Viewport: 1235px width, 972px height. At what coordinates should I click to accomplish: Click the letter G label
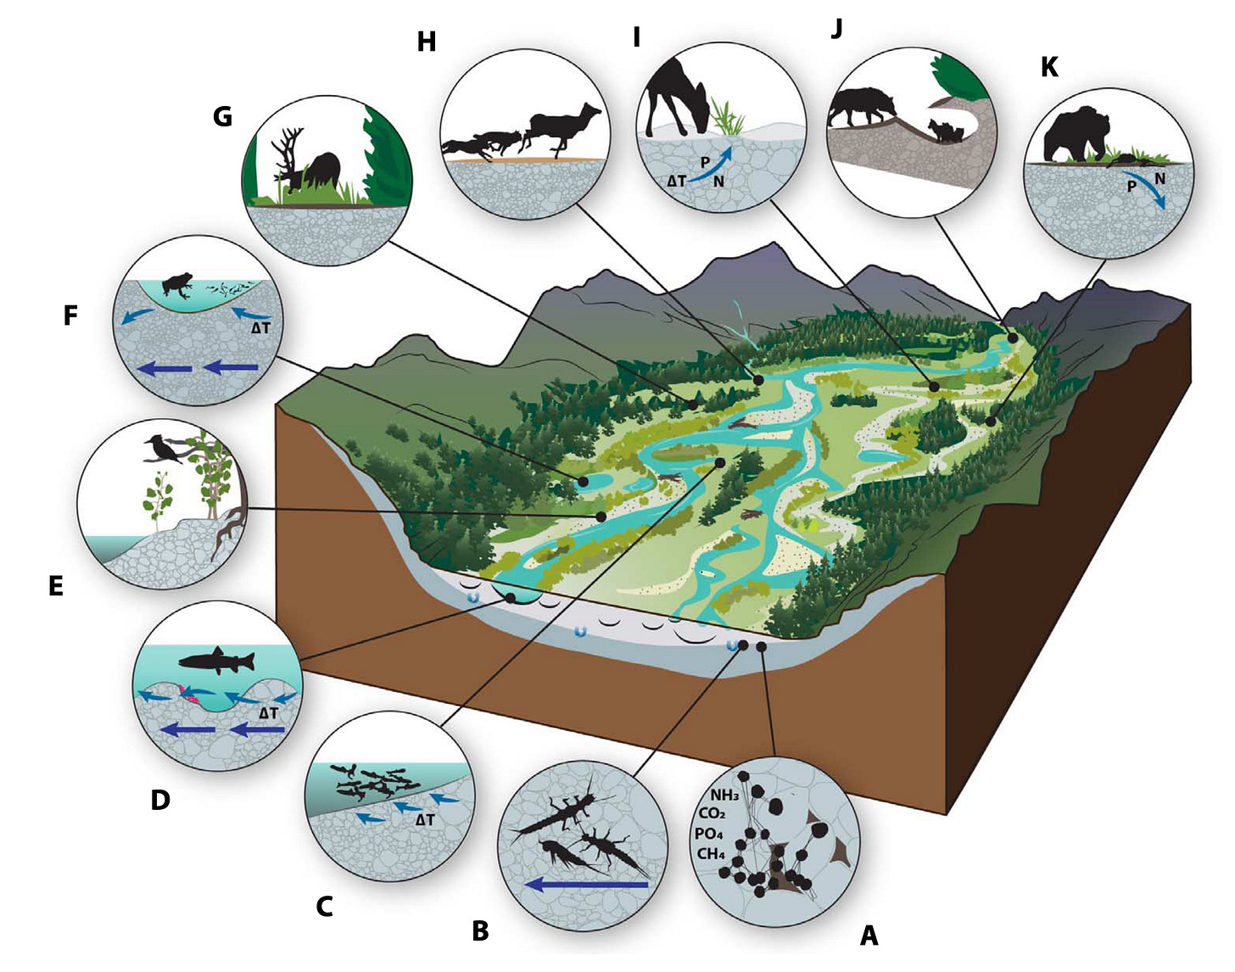tap(222, 116)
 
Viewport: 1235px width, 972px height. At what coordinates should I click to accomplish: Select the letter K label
tap(1049, 68)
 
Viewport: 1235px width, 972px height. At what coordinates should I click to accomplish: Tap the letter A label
tap(869, 935)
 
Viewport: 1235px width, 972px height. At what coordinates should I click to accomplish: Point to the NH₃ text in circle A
tap(724, 795)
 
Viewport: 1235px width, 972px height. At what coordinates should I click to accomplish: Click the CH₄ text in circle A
tap(711, 853)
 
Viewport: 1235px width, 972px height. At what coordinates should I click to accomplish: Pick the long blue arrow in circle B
tap(585, 885)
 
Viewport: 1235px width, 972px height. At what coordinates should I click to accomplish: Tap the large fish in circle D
tap(216, 662)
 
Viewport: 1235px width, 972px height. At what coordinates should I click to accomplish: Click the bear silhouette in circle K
tap(1076, 134)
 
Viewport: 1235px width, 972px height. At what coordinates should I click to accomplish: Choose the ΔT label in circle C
tap(425, 820)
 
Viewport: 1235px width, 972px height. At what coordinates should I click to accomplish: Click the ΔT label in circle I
tap(676, 181)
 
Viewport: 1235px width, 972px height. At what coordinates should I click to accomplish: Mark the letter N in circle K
tap(1160, 179)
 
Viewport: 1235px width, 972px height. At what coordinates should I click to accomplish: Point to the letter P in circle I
tap(705, 162)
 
